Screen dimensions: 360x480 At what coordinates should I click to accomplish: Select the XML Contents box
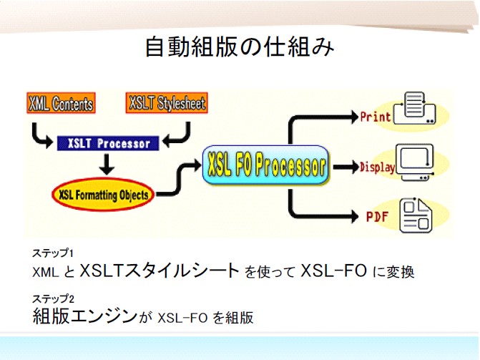tap(62, 104)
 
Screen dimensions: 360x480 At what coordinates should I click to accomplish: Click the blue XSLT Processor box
tap(107, 143)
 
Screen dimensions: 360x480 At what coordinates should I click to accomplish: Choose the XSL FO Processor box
tap(265, 166)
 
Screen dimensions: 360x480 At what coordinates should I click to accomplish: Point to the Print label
tap(376, 115)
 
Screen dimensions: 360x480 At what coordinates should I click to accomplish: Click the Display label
tap(378, 167)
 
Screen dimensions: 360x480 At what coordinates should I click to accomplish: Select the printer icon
tap(418, 110)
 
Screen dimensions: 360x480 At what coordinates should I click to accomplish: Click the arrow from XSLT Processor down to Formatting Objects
tap(107, 165)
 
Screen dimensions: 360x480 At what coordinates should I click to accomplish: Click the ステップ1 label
tap(53, 253)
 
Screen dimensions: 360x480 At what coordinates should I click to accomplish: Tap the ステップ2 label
tap(53, 298)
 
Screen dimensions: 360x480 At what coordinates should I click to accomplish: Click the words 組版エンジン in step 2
tap(84, 316)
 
